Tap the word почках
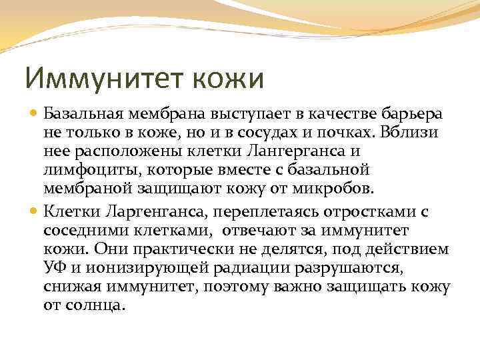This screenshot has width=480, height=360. (364, 132)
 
